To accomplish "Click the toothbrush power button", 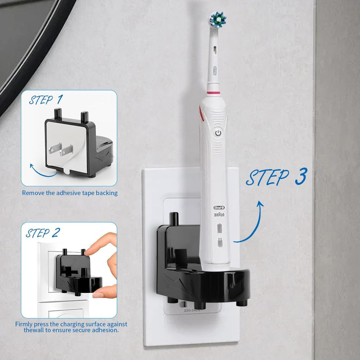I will click(x=218, y=133).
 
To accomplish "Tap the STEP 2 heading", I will click(x=43, y=233).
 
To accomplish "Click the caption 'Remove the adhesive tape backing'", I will click(x=70, y=193).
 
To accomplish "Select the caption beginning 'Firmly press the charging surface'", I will click(x=71, y=327).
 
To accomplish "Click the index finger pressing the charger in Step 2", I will click(x=102, y=243).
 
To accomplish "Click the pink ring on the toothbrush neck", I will click(x=213, y=93).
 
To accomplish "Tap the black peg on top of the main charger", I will click(x=174, y=219).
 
